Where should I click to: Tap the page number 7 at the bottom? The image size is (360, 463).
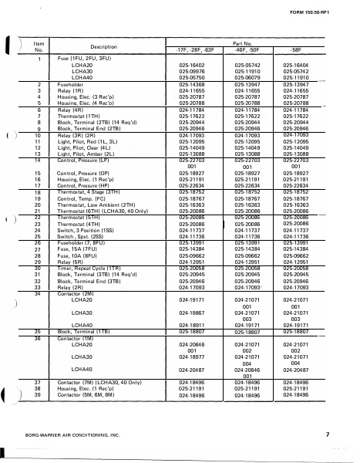(326, 436)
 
